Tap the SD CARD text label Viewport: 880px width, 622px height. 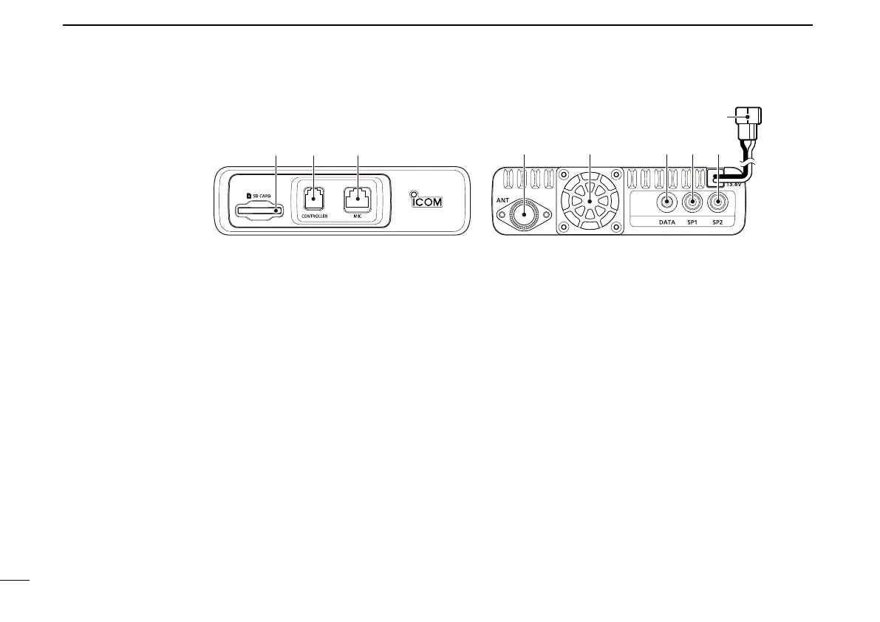[259, 195]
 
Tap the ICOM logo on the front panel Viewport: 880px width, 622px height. [426, 199]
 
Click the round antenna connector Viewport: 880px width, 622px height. [525, 213]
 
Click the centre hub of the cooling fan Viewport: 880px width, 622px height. [590, 201]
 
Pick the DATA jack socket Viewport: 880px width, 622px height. [667, 202]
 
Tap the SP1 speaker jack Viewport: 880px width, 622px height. [692, 202]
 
